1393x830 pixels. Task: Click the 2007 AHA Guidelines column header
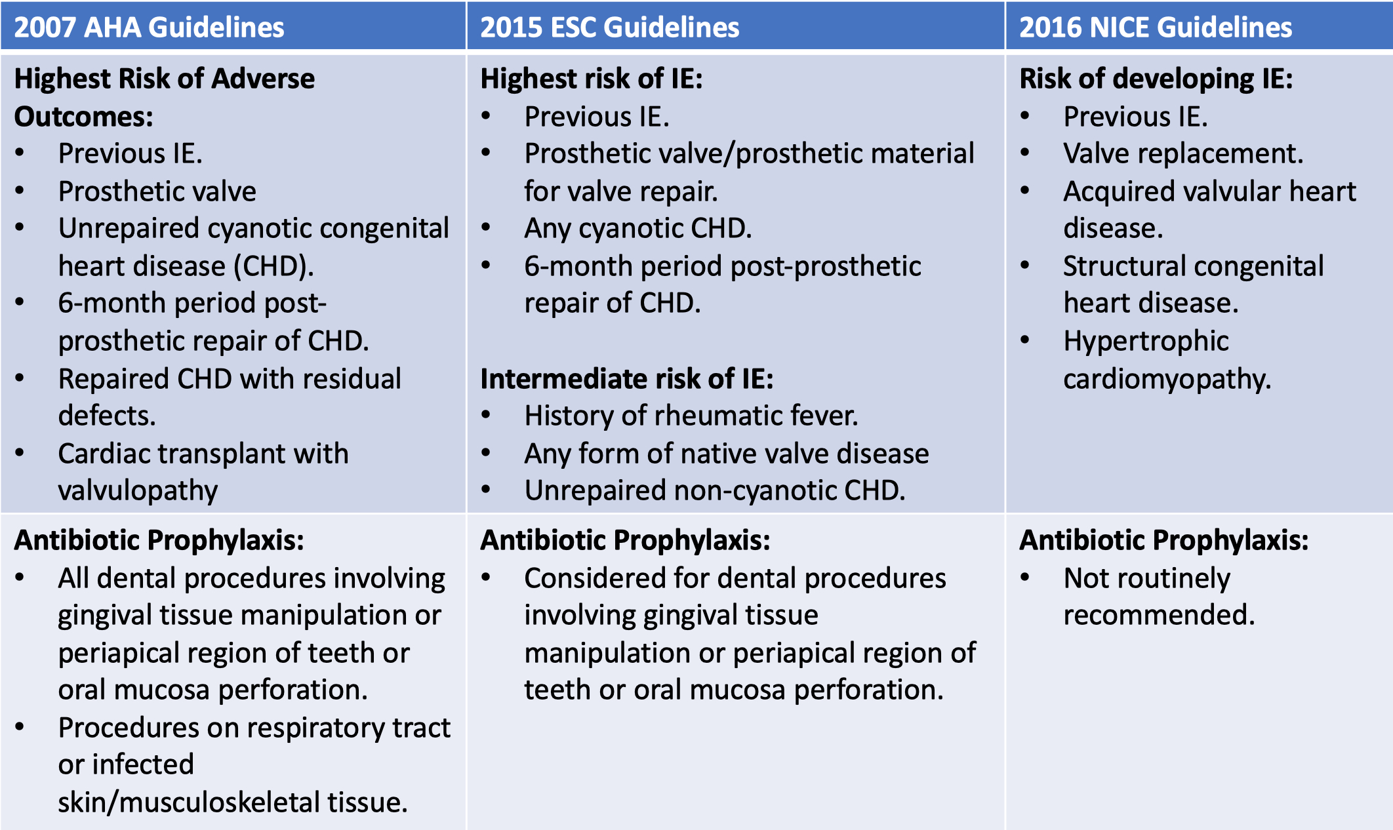click(149, 28)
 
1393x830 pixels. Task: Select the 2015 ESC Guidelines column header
click(609, 28)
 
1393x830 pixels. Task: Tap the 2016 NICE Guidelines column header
click(1155, 28)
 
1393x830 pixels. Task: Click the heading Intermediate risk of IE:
click(626, 379)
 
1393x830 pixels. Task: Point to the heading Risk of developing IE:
click(1156, 79)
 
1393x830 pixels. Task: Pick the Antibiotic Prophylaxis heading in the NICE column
click(1163, 540)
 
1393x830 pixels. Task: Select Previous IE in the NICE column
click(1135, 117)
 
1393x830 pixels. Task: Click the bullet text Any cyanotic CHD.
click(637, 228)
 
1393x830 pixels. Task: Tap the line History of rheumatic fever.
click(691, 416)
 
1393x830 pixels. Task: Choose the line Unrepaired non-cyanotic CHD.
click(714, 490)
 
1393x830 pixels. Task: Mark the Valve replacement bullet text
click(1182, 153)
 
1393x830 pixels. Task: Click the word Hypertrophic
click(1146, 341)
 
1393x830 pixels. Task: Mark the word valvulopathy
click(138, 490)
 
